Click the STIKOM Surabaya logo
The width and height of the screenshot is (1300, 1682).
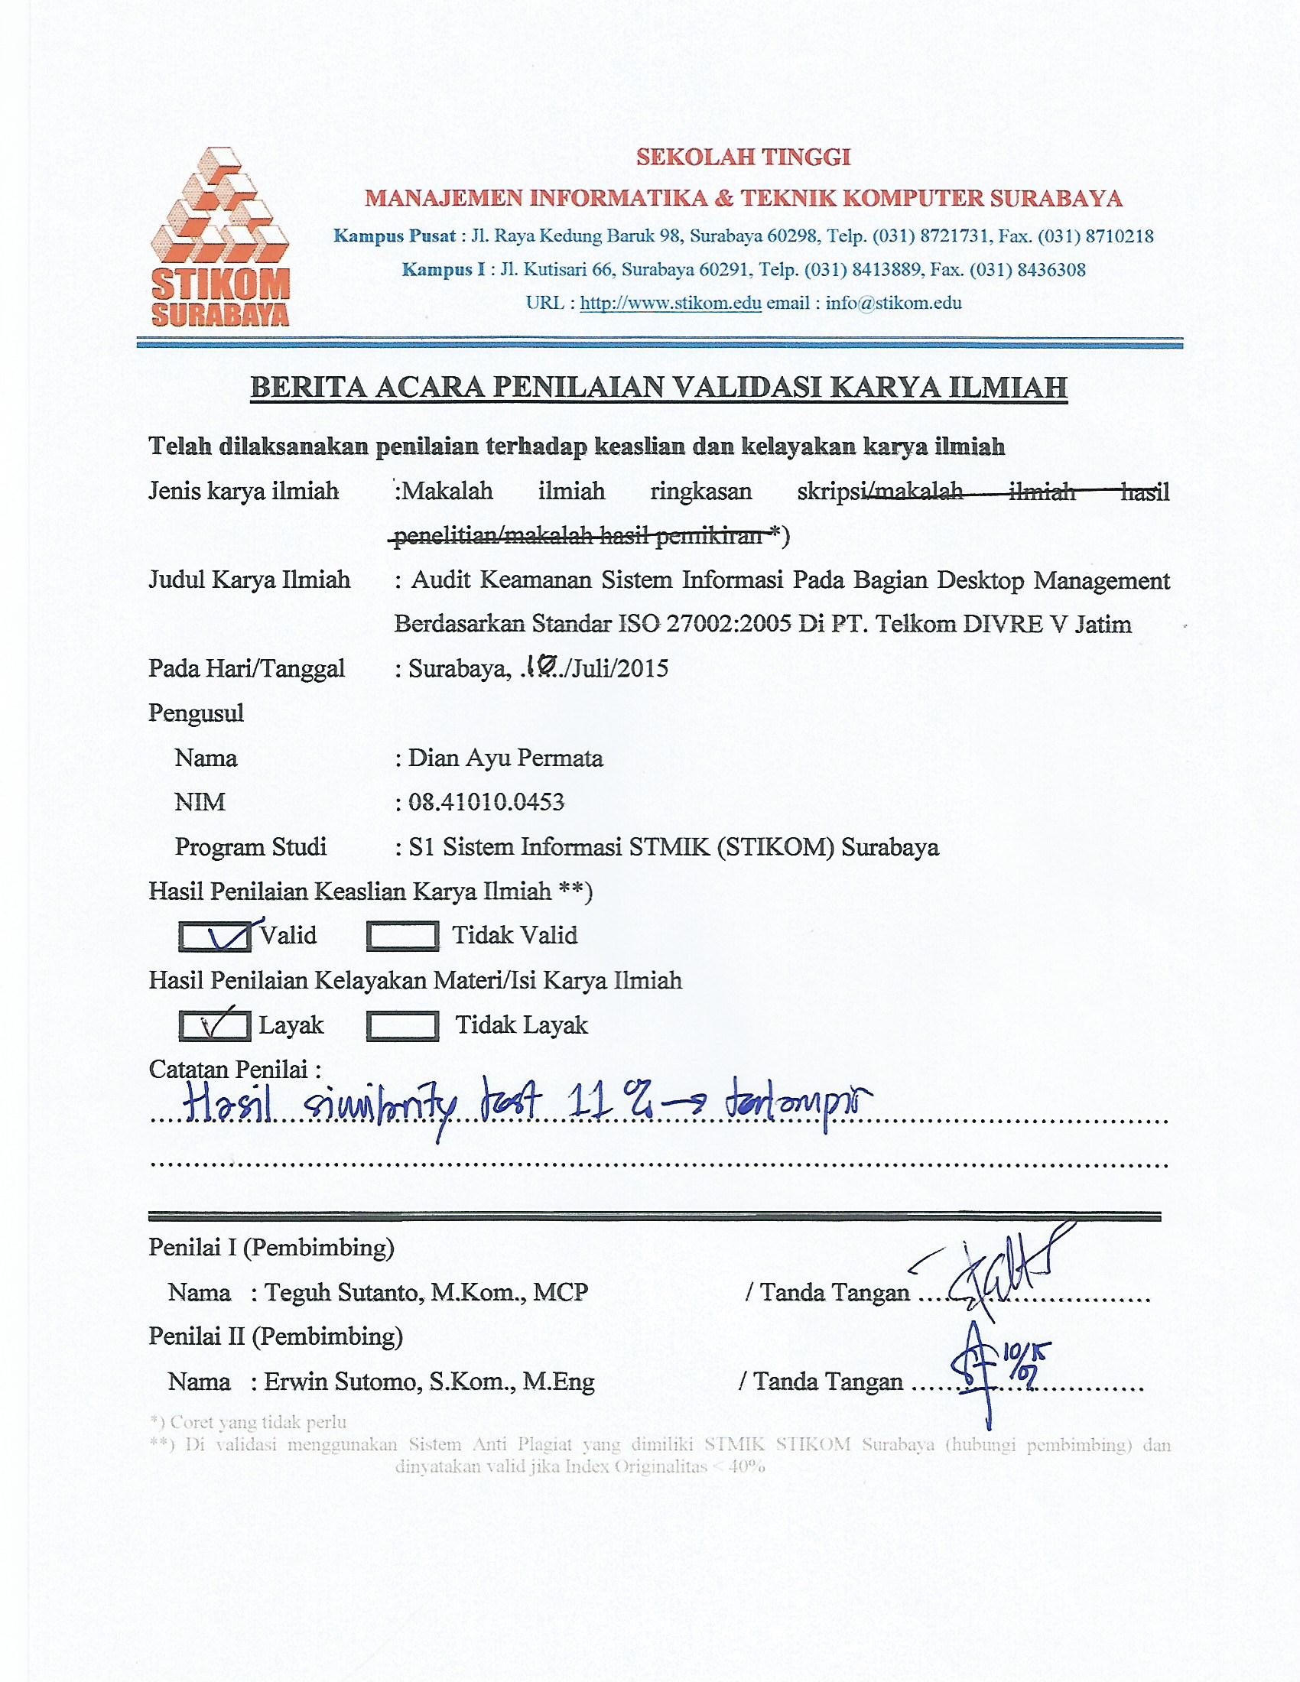point(219,237)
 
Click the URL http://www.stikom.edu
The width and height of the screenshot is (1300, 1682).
point(670,303)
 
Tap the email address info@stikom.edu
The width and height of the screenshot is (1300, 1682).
point(893,303)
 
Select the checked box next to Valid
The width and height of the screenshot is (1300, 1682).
point(214,936)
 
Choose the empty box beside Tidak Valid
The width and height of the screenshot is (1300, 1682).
point(402,936)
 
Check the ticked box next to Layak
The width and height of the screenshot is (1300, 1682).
point(214,1025)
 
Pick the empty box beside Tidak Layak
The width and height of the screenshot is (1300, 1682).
point(402,1025)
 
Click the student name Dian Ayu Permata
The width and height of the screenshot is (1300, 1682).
point(505,758)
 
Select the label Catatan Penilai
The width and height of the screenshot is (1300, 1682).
point(234,1069)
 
